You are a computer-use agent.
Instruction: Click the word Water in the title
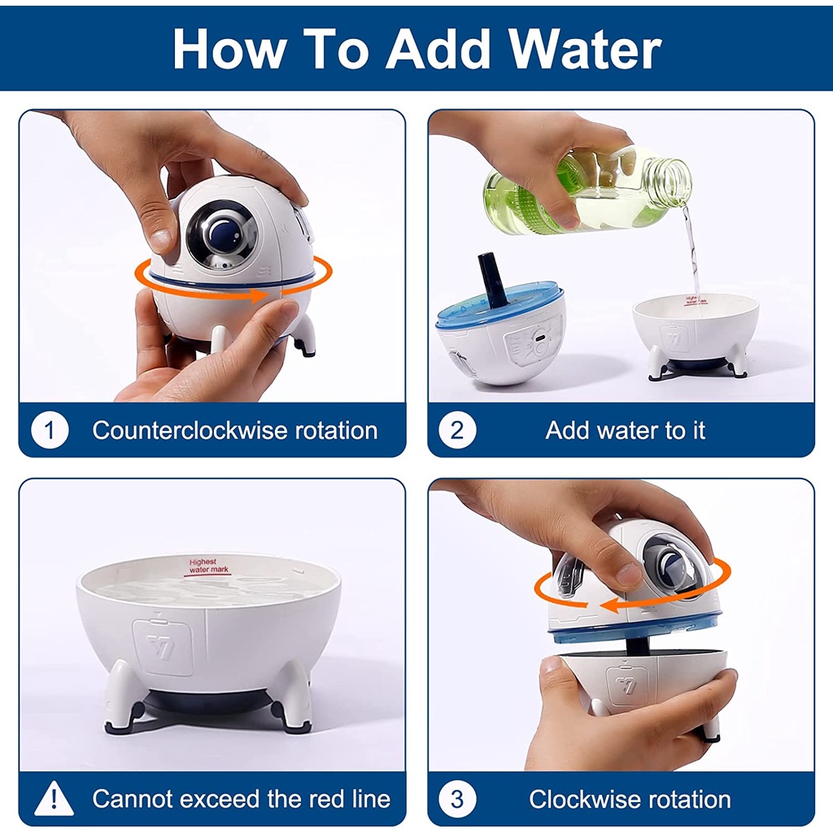pos(585,49)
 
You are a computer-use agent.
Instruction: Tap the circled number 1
pos(50,430)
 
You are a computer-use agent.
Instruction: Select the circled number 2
pos(457,430)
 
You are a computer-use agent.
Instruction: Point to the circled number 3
pos(457,799)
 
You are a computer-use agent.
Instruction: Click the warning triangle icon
pos(54,799)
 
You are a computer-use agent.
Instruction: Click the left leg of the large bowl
pos(124,696)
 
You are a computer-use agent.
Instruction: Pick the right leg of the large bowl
pos(292,697)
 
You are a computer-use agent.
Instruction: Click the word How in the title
pos(229,49)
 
